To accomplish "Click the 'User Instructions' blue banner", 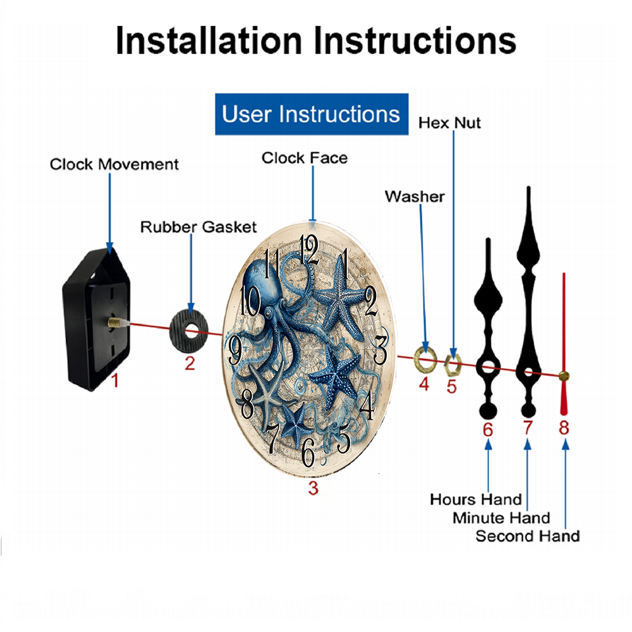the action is (x=312, y=114).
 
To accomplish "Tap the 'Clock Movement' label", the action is (x=114, y=164).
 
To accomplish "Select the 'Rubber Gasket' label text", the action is (x=198, y=227).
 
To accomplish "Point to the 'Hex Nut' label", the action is (x=449, y=123).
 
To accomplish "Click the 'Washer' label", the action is (x=415, y=197).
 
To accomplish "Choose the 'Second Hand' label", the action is (x=528, y=536).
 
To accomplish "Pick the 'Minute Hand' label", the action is (x=501, y=518).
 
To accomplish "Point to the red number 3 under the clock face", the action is (x=313, y=488).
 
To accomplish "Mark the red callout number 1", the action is (x=115, y=380).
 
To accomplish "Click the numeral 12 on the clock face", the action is (x=310, y=250).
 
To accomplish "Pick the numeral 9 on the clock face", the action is (x=235, y=350).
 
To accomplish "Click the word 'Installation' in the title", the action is (x=209, y=40).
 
